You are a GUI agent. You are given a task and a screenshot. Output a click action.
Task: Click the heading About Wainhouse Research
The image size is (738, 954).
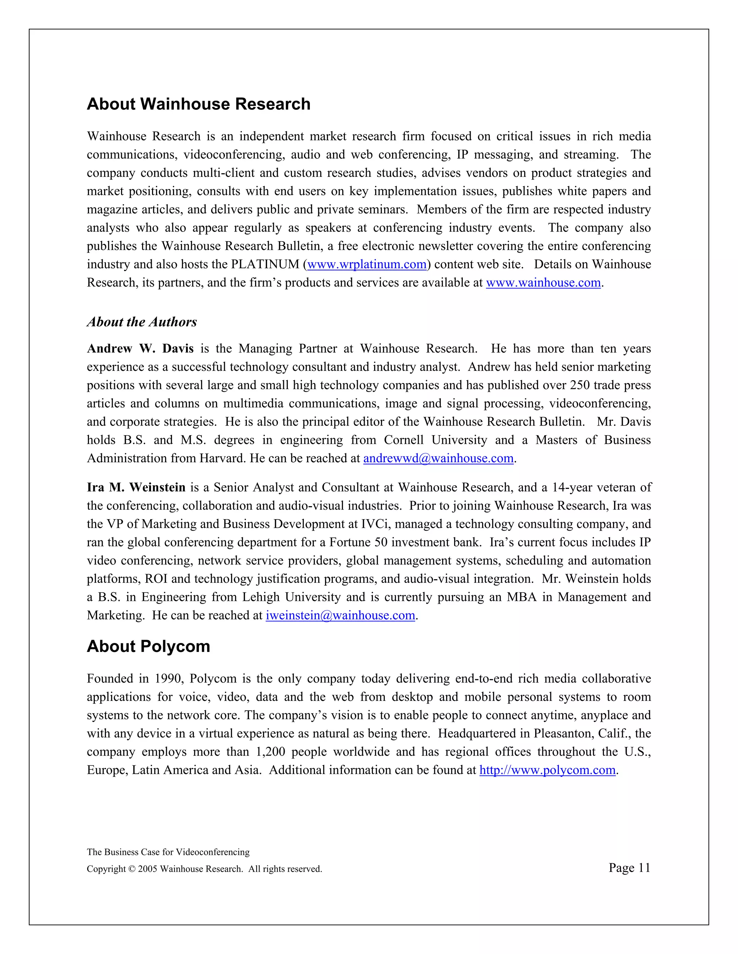(x=199, y=104)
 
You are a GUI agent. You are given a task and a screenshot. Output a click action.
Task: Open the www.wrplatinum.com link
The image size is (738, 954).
(x=367, y=264)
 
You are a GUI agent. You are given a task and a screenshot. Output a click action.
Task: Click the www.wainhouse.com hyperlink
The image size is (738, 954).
(x=543, y=283)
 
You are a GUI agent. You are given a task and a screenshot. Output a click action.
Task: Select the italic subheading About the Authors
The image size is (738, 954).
(x=142, y=322)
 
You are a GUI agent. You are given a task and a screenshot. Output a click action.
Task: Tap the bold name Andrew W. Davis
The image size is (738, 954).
(x=140, y=348)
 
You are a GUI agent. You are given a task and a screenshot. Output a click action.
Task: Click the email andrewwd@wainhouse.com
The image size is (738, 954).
(x=438, y=458)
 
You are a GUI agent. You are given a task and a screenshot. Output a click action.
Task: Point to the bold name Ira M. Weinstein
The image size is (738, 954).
(x=136, y=487)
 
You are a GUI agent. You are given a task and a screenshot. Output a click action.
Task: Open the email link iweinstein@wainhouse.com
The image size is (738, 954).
(x=340, y=616)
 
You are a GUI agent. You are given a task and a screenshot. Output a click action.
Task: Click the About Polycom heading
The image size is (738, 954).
(x=148, y=647)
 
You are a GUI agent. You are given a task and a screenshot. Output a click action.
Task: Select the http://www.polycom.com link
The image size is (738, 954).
(x=547, y=770)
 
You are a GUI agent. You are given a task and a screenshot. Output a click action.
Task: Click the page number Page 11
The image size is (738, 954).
(x=629, y=868)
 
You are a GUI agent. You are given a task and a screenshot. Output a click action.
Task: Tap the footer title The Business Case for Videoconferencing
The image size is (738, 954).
(x=168, y=852)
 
